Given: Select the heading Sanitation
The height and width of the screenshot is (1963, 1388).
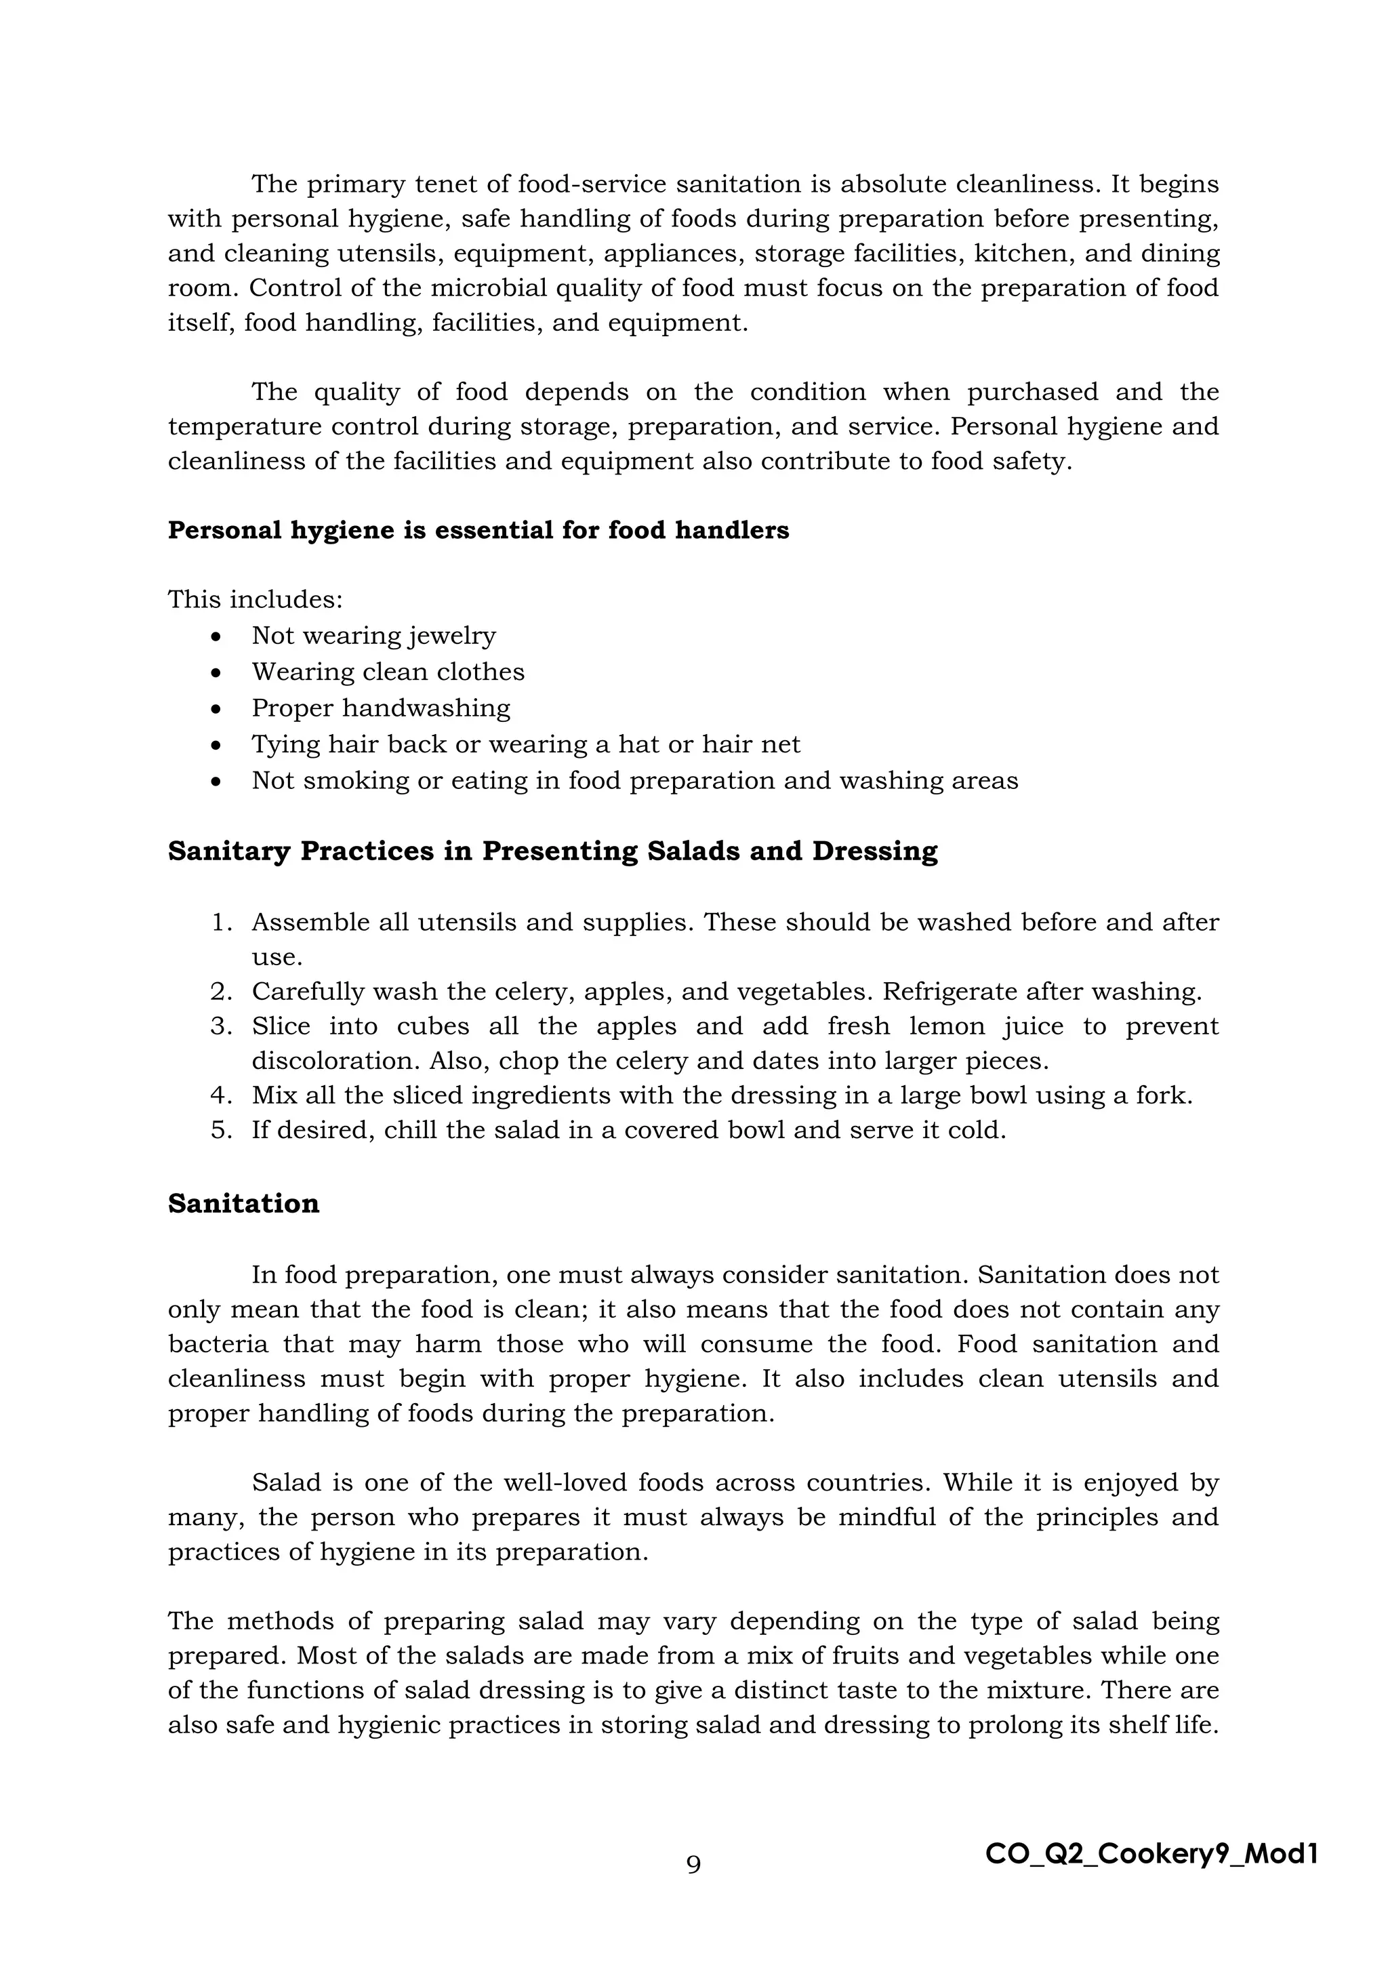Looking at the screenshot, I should tap(243, 1204).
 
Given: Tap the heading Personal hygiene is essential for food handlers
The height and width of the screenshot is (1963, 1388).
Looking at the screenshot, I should tap(478, 530).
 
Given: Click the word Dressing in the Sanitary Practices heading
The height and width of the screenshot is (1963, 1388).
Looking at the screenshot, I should tap(874, 851).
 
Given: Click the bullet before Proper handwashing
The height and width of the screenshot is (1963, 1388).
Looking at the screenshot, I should tap(217, 710).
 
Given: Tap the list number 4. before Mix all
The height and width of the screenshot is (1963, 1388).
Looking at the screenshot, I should tap(222, 1095).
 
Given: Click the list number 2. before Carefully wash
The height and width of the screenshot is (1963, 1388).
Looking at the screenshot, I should tap(222, 992).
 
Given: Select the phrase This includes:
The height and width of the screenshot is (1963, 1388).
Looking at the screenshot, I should tap(255, 599).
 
